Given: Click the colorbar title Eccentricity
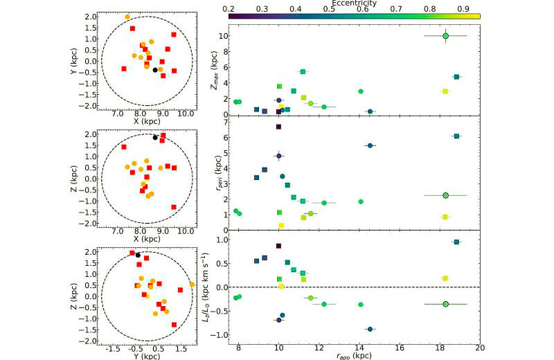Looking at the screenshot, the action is [x=354, y=3].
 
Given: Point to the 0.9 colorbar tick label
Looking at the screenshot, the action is [x=463, y=9].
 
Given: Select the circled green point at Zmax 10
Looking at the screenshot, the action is [x=445, y=36].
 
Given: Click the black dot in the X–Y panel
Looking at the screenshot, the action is [x=155, y=70].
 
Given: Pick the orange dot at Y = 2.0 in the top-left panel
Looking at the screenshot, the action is [x=127, y=17].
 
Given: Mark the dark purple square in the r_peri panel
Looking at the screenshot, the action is [x=278, y=127].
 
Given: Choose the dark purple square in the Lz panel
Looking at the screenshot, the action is [x=278, y=246].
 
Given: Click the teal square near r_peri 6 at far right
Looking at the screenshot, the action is [x=456, y=136].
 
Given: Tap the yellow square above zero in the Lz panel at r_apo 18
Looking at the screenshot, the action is [x=445, y=278].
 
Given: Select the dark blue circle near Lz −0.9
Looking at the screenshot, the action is [x=370, y=330].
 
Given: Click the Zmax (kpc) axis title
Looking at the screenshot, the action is [x=214, y=70].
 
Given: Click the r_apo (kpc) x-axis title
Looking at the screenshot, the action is [x=354, y=356].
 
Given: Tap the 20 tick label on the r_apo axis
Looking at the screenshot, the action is [x=479, y=348].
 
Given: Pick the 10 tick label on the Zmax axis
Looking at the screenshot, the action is [x=221, y=36].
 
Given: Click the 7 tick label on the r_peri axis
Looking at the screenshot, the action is [x=224, y=122].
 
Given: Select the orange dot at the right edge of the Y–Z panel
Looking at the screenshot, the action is [x=192, y=285].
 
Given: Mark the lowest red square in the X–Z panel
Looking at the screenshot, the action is [x=174, y=207].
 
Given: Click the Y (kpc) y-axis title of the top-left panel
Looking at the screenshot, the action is [x=74, y=61].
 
